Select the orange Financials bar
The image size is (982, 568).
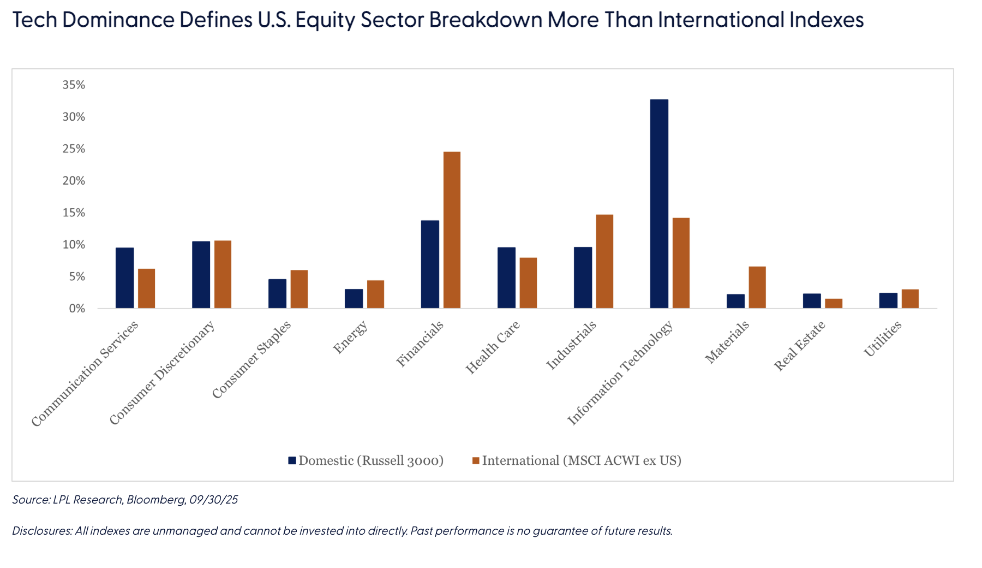pyautogui.click(x=452, y=230)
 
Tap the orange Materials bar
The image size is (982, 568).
pyautogui.click(x=757, y=287)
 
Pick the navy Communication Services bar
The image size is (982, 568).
pyautogui.click(x=124, y=278)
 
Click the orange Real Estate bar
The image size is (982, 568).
pyautogui.click(x=834, y=304)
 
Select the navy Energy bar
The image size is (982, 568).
pyautogui.click(x=354, y=299)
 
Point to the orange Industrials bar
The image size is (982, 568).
pyautogui.click(x=604, y=262)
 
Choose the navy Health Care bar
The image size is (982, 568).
pyautogui.click(x=506, y=278)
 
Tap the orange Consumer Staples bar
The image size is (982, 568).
pyautogui.click(x=299, y=289)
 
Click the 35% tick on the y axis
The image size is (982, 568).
pyautogui.click(x=74, y=85)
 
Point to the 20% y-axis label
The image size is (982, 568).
pyautogui.click(x=74, y=181)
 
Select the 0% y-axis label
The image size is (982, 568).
pyautogui.click(x=77, y=309)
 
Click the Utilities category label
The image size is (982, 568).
pyautogui.click(x=882, y=339)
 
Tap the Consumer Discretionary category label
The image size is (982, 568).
pyautogui.click(x=162, y=373)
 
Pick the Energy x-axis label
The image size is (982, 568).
pyautogui.click(x=350, y=338)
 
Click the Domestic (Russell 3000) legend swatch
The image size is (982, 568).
pyautogui.click(x=292, y=460)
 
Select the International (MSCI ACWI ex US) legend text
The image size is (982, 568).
pyautogui.click(x=582, y=460)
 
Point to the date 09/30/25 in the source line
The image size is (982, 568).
pyautogui.click(x=213, y=499)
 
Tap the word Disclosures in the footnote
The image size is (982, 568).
pyautogui.click(x=41, y=531)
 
